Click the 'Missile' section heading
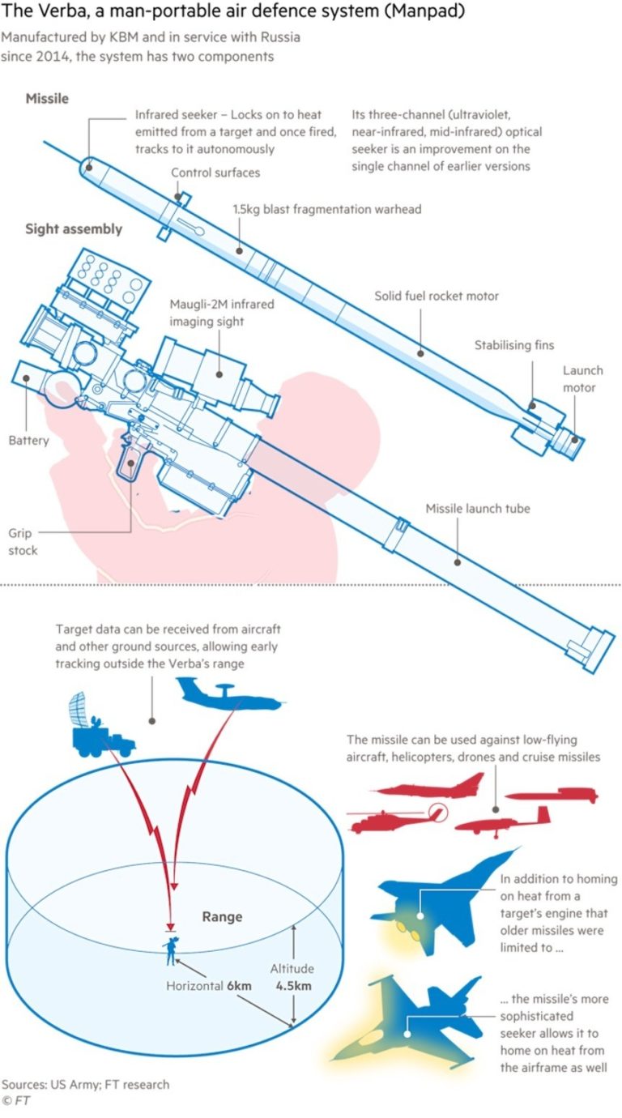coord(47,99)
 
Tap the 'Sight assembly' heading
coord(74,229)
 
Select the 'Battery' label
coord(29,441)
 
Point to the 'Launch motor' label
coord(583,378)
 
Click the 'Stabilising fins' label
coord(514,345)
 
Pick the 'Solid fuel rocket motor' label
coord(437,297)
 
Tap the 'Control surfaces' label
coord(215,173)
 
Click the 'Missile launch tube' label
coord(478,509)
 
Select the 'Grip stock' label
coord(23,542)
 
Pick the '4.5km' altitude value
coord(294,986)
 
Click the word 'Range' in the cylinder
coord(222,917)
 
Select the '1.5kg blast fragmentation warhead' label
coord(327,209)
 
